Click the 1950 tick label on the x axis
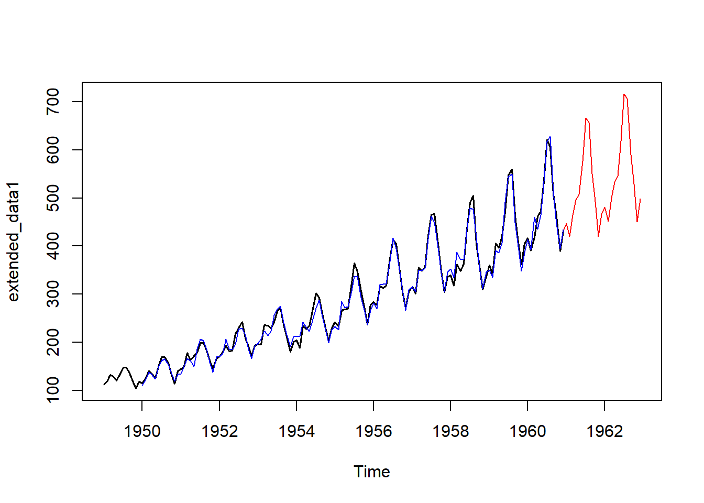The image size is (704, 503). tap(142, 431)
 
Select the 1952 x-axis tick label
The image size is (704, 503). tap(219, 431)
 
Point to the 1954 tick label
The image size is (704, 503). tap(296, 431)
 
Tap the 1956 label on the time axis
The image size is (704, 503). tap(373, 431)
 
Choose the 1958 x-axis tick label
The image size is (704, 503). tap(450, 431)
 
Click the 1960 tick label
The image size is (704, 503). tap(527, 431)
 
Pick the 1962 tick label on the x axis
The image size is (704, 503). tap(604, 431)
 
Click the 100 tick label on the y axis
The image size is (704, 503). tap(53, 390)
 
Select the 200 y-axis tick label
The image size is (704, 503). tap(53, 342)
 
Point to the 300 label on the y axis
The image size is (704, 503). tap(53, 294)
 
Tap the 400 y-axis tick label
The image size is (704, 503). tap(53, 246)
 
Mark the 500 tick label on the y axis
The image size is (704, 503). tap(53, 198)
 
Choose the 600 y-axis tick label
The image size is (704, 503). tap(53, 150)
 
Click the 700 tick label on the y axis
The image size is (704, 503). tap(53, 102)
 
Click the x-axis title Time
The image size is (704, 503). tap(372, 472)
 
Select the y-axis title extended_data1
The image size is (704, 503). tap(14, 242)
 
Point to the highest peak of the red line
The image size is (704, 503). tap(624, 94)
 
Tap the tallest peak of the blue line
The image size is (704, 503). tap(550, 137)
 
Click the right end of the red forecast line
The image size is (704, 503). tap(640, 199)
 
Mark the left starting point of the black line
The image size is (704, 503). tap(104, 385)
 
